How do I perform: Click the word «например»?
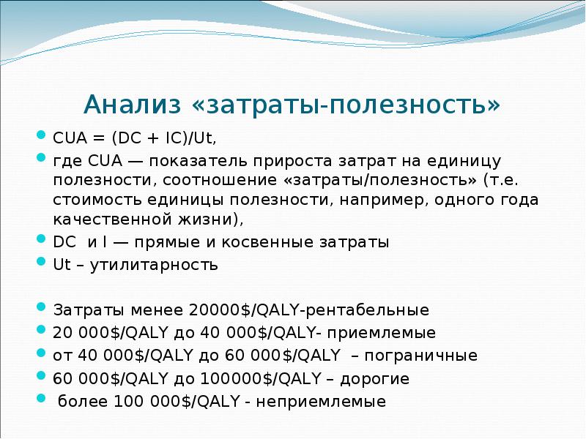click(396, 200)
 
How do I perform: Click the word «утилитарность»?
click(155, 265)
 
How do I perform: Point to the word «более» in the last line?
click(81, 402)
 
